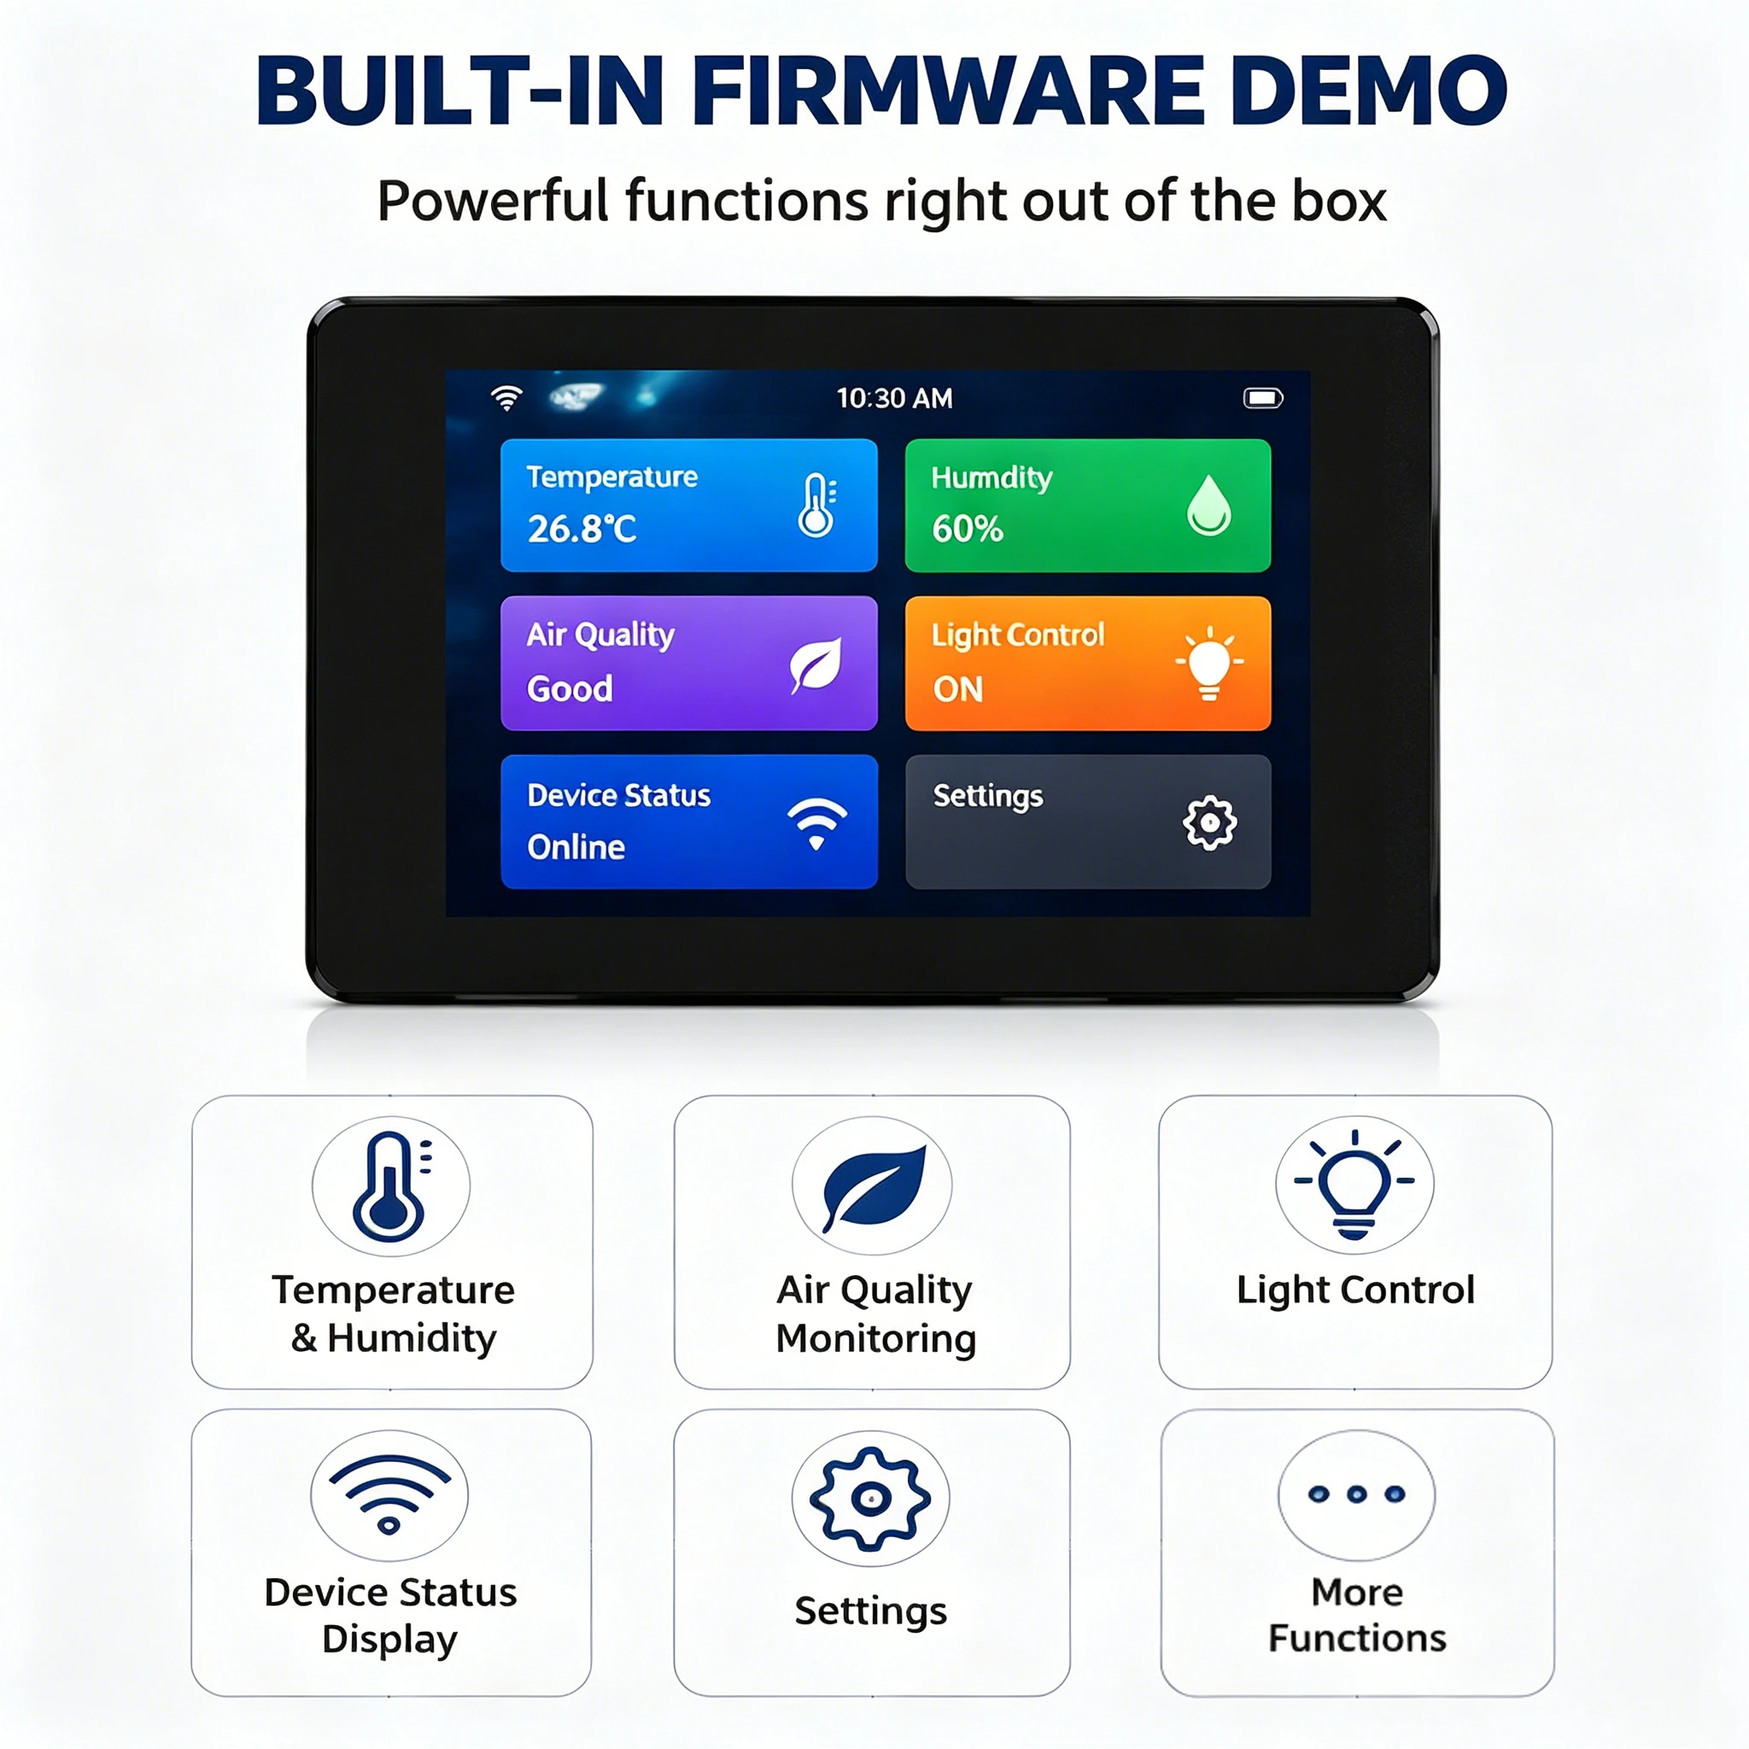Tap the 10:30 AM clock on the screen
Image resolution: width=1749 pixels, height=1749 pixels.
click(x=894, y=398)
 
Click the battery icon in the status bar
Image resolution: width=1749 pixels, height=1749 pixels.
click(x=1263, y=398)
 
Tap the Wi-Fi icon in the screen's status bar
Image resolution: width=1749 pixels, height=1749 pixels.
click(x=507, y=398)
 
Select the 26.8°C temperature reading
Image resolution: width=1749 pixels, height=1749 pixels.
click(x=582, y=529)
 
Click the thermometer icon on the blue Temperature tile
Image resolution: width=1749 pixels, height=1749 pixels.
click(x=817, y=506)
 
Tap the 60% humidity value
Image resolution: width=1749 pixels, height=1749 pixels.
click(x=968, y=529)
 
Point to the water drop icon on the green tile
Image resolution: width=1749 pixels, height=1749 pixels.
click(x=1209, y=506)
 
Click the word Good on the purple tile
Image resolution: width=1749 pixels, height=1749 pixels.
click(x=570, y=689)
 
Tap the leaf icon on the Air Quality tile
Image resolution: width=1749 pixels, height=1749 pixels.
click(x=816, y=665)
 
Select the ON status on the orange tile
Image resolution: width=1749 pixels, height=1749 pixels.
click(x=958, y=690)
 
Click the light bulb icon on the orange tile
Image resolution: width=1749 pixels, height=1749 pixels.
click(x=1209, y=664)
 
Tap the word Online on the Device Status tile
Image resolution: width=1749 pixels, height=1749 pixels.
click(x=576, y=847)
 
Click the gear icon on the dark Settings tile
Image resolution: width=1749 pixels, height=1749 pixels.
click(x=1209, y=823)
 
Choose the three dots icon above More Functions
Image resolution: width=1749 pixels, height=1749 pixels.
click(x=1356, y=1494)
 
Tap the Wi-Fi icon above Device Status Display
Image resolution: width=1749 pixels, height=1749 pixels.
click(x=389, y=1494)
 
